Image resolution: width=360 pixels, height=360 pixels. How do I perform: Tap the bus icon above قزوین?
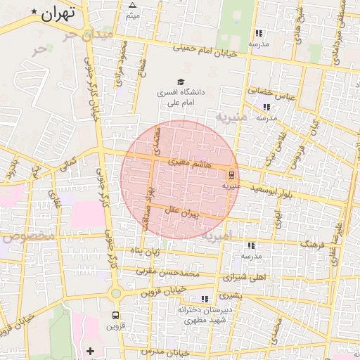coord(115,315)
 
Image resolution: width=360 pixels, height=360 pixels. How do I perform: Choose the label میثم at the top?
coord(132,15)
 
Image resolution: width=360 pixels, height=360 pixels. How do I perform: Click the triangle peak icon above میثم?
coord(132,5)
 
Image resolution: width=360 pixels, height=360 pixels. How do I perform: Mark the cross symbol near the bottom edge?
coord(90,350)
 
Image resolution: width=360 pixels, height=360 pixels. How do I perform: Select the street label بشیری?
coord(229,297)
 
